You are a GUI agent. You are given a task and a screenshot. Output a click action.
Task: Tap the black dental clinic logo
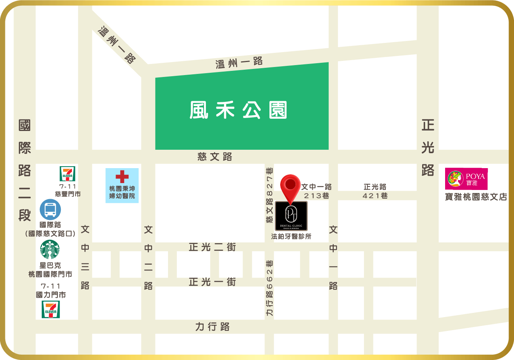click(x=291, y=216)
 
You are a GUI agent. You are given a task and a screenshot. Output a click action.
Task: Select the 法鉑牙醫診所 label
click(x=291, y=236)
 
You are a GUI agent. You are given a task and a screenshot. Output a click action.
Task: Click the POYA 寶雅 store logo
click(x=466, y=179)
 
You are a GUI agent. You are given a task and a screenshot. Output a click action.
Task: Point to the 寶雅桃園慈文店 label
click(x=476, y=197)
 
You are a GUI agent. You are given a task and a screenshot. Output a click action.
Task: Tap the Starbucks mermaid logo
click(x=50, y=250)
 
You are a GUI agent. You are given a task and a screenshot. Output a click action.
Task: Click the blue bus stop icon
click(x=50, y=209)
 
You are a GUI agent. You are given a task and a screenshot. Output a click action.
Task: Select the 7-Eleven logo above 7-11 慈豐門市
click(x=67, y=173)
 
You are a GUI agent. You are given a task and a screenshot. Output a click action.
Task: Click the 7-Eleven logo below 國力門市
click(x=51, y=309)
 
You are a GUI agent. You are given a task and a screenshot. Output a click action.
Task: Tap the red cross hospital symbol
click(x=122, y=177)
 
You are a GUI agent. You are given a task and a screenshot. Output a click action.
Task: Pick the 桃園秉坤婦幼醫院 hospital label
click(x=122, y=192)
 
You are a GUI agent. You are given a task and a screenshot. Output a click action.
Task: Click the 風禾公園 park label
click(x=238, y=110)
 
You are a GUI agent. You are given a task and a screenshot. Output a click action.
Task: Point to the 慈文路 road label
click(x=215, y=157)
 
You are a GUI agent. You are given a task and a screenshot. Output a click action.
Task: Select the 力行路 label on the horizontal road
click(x=212, y=327)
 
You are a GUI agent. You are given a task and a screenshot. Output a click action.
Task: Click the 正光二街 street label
click(x=212, y=247)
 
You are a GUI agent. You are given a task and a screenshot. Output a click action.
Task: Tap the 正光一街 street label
click(x=212, y=282)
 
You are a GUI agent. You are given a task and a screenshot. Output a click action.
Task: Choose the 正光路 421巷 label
click(x=375, y=191)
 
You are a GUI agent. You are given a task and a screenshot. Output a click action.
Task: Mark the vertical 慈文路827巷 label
click(x=269, y=195)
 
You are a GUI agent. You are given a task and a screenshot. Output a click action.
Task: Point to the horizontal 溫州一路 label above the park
click(x=239, y=62)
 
